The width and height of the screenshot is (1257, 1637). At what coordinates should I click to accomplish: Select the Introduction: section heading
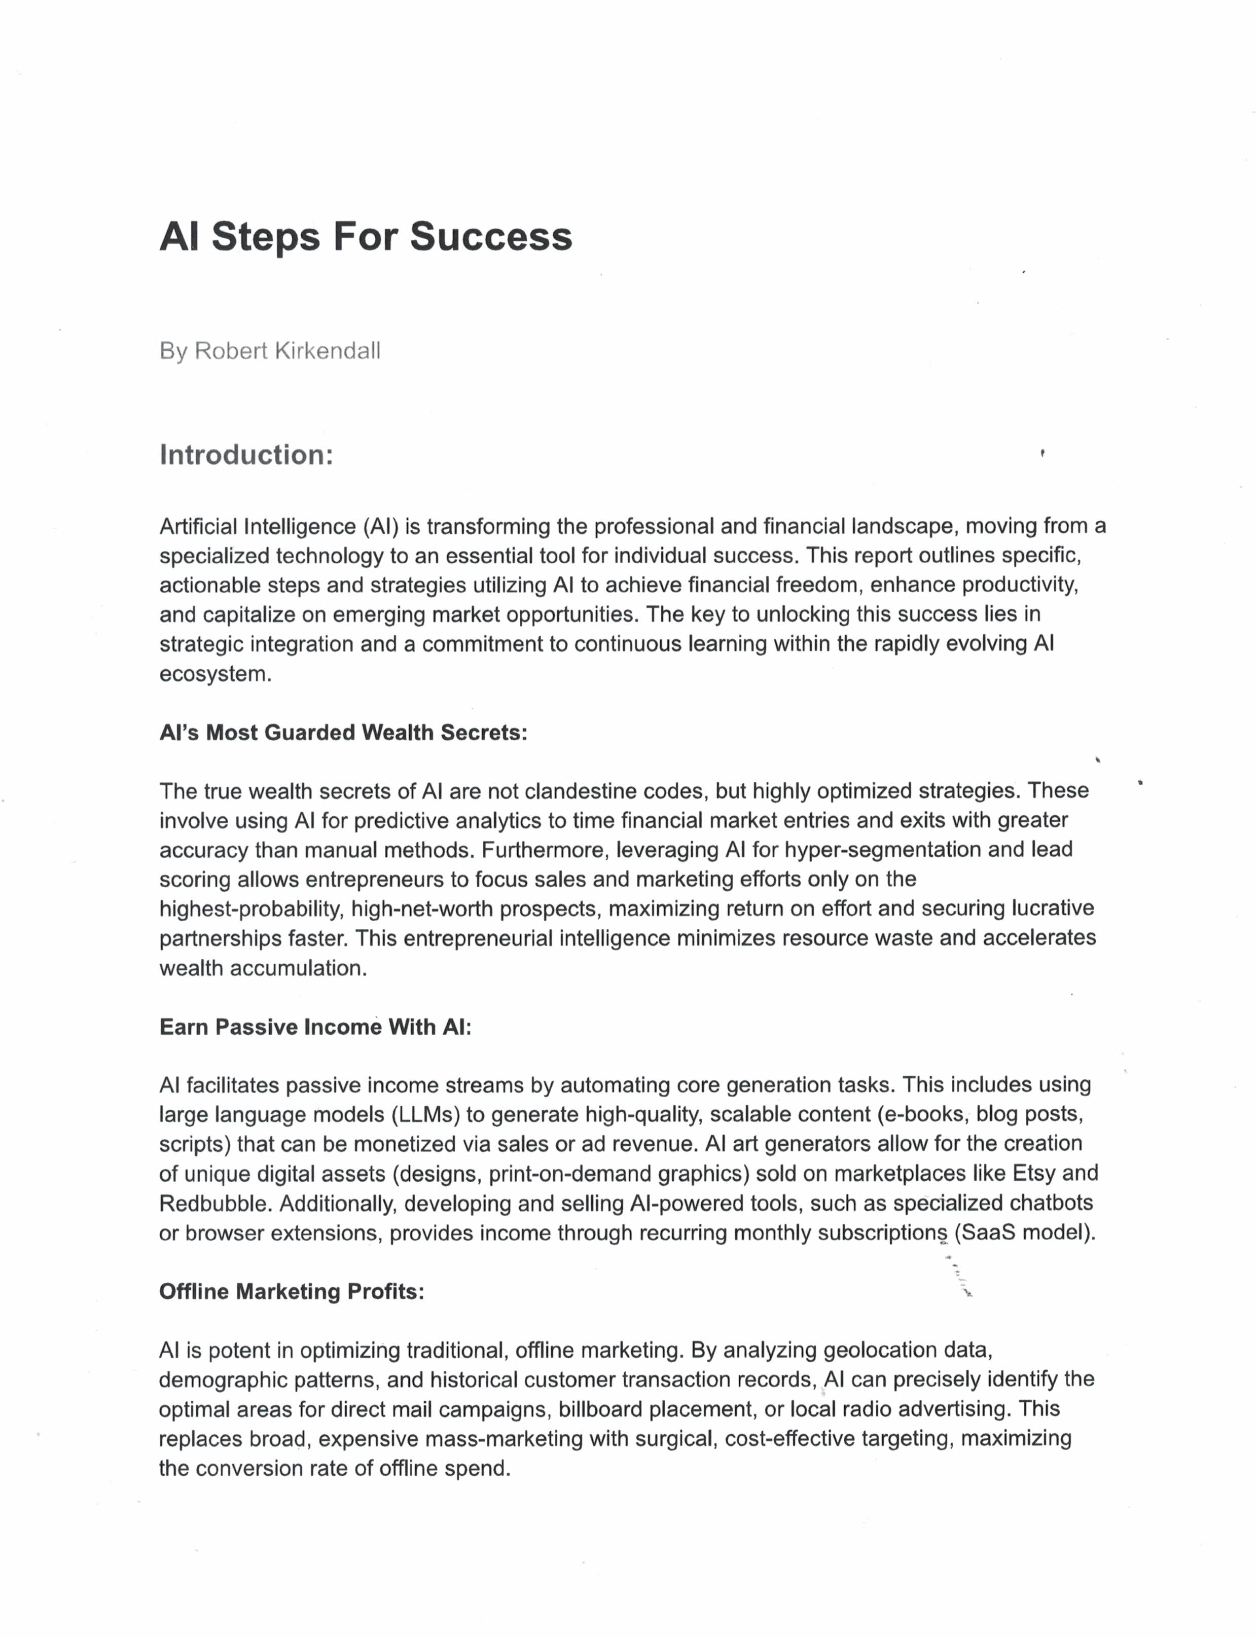pyautogui.click(x=246, y=455)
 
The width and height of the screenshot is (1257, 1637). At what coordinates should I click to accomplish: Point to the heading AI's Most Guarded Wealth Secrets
pyautogui.click(x=343, y=733)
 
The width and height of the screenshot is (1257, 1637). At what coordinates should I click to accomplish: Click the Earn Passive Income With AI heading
pyautogui.click(x=315, y=1027)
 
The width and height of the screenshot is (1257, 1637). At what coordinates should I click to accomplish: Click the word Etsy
pyautogui.click(x=1033, y=1173)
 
